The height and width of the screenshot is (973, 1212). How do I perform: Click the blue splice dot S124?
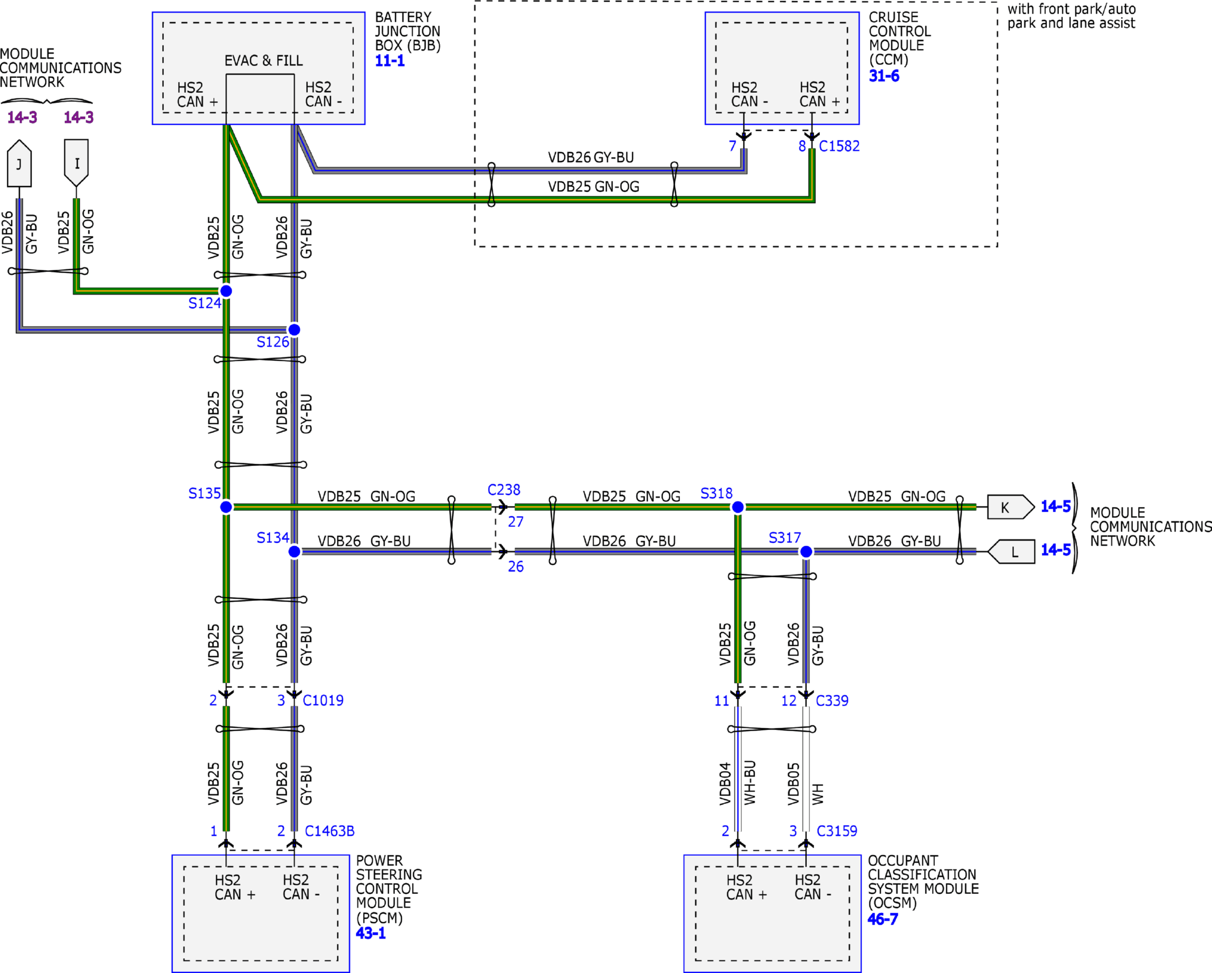pos(226,291)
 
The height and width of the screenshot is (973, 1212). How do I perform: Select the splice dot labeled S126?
pos(294,329)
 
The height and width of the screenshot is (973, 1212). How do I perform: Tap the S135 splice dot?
pos(226,506)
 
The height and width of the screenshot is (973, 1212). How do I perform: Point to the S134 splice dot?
pos(294,551)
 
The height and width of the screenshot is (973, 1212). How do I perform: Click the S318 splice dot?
pos(737,506)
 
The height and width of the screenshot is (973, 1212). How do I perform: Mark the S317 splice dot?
pos(806,551)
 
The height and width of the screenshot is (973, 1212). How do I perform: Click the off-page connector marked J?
pos(19,163)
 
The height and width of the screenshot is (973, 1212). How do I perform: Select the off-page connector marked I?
pos(76,163)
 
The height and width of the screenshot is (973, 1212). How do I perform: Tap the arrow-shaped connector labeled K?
pos(1011,506)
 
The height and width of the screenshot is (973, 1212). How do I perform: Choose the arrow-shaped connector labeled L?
pos(1011,551)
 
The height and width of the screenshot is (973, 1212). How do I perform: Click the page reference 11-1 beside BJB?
pos(390,61)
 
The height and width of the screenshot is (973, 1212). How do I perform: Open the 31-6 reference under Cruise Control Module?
pos(884,76)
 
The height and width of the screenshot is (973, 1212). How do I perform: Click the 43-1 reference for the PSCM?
pos(370,933)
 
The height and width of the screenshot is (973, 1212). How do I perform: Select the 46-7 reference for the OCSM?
pos(883,918)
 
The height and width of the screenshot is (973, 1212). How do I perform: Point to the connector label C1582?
pos(839,146)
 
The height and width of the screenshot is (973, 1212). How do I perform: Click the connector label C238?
pos(504,489)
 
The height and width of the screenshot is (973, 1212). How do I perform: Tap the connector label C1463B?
pos(329,831)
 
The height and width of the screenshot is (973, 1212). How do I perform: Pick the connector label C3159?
pos(836,831)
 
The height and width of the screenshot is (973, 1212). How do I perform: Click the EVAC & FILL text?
pos(263,61)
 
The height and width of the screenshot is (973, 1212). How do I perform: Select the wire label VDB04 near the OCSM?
pos(724,784)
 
